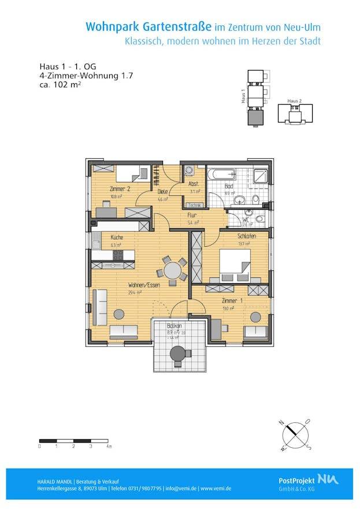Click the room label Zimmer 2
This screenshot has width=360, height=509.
click(x=120, y=190)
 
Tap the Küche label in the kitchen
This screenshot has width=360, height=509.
click(x=117, y=237)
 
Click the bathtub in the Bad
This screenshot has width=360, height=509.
click(x=222, y=174)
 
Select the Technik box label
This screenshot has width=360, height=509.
click(x=194, y=205)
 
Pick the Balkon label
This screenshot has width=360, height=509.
click(x=175, y=326)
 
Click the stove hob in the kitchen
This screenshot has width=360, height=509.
click(x=118, y=254)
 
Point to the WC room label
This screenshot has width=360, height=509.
click(x=246, y=220)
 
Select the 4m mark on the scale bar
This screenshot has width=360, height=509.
click(x=109, y=447)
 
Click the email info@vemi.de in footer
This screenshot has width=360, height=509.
click(x=180, y=488)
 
